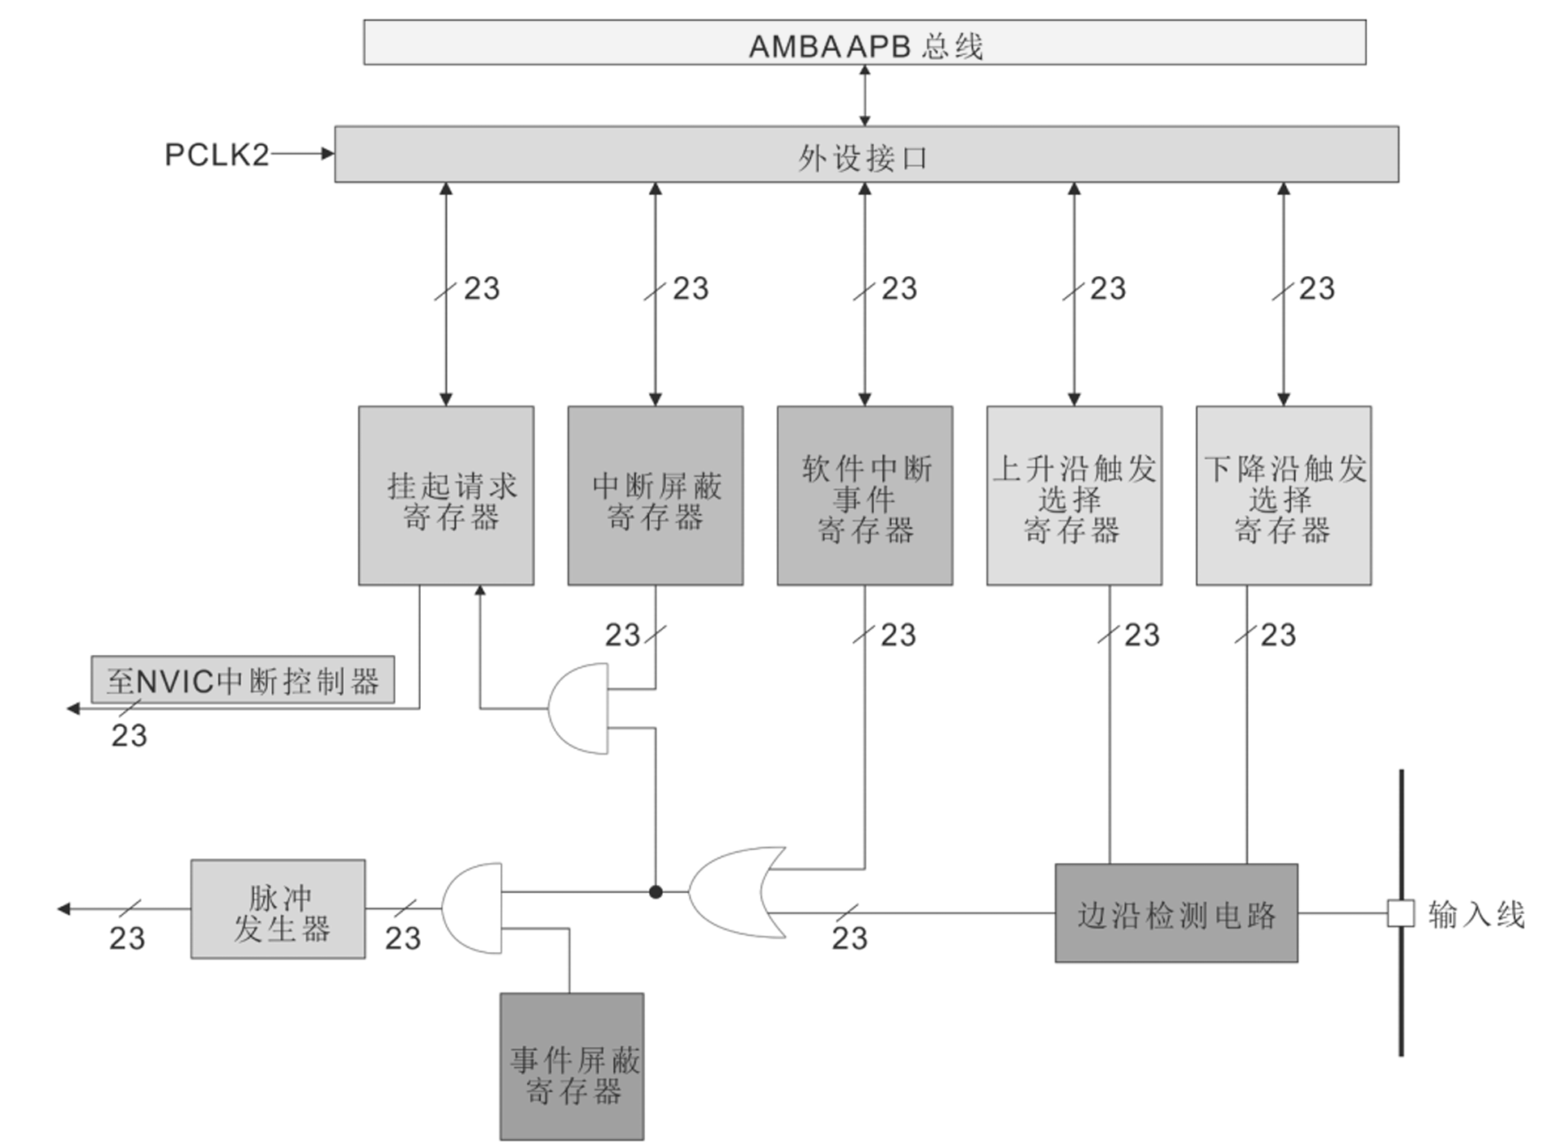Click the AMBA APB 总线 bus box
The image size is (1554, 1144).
click(864, 43)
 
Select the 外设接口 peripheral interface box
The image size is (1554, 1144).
click(866, 154)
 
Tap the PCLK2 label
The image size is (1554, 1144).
click(216, 155)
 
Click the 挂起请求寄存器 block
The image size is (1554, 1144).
click(446, 495)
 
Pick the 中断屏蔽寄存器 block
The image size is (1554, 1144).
click(655, 495)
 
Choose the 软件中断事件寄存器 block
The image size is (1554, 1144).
click(864, 495)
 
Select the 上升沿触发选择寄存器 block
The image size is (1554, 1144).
click(1074, 495)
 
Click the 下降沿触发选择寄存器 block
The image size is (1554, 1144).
click(1283, 495)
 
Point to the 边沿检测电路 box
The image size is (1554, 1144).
click(1176, 913)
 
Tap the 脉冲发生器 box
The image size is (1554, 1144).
click(278, 909)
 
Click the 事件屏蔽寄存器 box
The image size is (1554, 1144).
click(571, 1066)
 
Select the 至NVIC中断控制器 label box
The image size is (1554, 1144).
click(243, 680)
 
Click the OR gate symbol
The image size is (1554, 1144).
click(732, 892)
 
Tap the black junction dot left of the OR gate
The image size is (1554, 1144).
click(656, 892)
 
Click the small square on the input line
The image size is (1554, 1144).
click(1400, 913)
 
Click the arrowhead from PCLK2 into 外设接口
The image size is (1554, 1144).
click(328, 154)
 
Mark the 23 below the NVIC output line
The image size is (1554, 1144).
click(129, 735)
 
